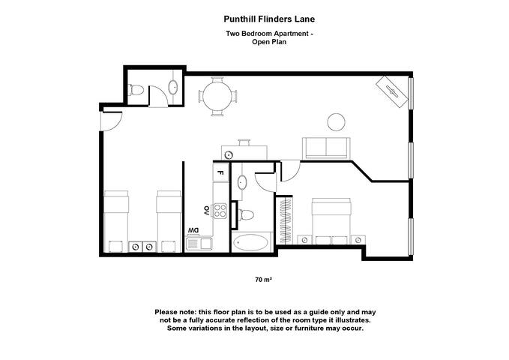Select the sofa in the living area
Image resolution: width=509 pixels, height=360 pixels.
coord(325,148)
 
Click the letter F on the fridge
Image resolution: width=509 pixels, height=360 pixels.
coord(220,173)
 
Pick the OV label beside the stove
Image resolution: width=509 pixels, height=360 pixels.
coord(206,209)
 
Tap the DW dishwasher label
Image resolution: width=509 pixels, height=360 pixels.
coord(193,229)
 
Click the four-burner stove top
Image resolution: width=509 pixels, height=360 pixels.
coord(220,209)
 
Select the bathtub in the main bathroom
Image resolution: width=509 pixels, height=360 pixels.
coord(250,242)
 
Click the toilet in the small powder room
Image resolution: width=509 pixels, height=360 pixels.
coord(136,90)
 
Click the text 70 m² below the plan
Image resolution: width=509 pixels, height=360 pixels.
coord(263,280)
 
